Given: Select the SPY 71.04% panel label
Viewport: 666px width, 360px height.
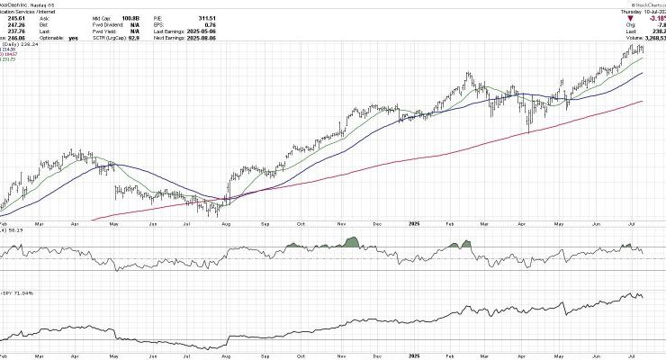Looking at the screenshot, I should tap(22, 292).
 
